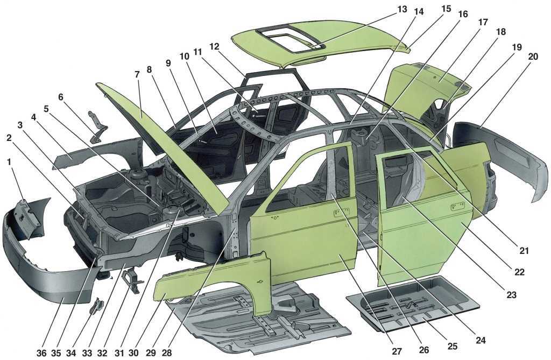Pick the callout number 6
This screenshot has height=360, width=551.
point(60,97)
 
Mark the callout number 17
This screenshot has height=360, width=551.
point(483,23)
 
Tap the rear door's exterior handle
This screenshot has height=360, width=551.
point(458,205)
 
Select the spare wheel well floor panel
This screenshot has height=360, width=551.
point(414,301)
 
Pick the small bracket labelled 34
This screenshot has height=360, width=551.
point(96,307)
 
